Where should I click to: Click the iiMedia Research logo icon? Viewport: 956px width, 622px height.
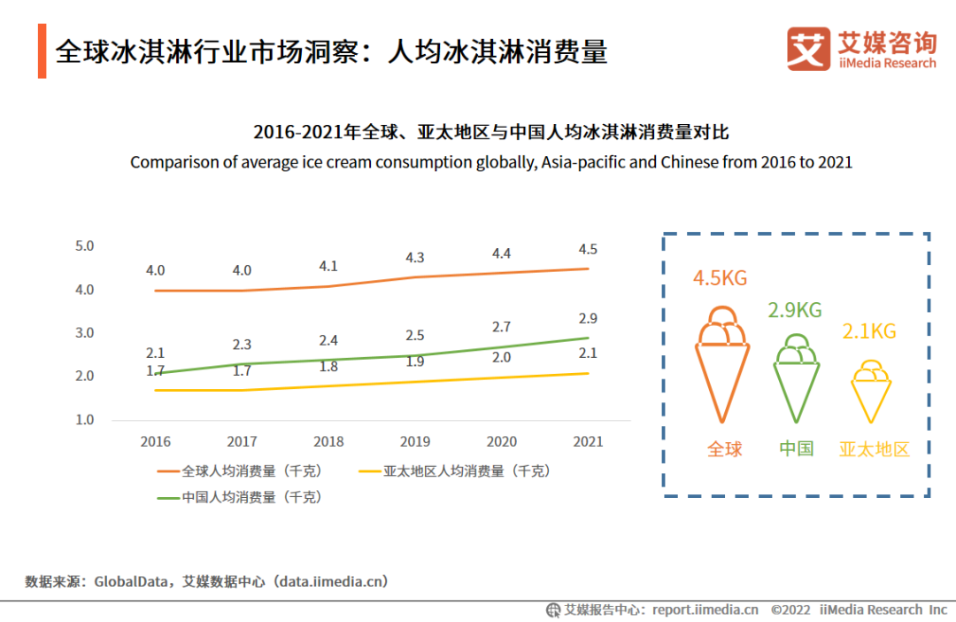click(x=808, y=49)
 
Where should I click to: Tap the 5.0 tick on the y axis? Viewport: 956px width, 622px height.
click(x=85, y=246)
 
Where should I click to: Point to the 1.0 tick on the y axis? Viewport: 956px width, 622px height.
click(x=85, y=420)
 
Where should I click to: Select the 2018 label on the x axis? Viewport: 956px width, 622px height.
click(x=328, y=441)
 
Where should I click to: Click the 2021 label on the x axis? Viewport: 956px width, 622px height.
click(x=589, y=441)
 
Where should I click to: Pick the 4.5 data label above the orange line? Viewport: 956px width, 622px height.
click(x=588, y=249)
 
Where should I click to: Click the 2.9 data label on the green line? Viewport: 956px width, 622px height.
click(x=588, y=319)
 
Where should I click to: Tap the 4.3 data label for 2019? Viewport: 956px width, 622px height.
click(x=414, y=258)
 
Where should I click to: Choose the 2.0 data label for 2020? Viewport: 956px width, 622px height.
click(x=501, y=357)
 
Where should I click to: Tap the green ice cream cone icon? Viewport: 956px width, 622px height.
click(x=796, y=377)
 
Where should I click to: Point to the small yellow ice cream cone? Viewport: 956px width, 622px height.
click(x=870, y=391)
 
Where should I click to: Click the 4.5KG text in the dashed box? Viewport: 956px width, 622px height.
click(x=720, y=278)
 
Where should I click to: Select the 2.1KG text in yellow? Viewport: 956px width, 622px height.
click(x=869, y=331)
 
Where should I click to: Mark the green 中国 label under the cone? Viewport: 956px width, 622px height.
click(x=796, y=448)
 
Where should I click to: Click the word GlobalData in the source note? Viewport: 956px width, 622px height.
click(x=133, y=582)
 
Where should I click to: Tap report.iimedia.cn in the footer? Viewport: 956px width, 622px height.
click(x=705, y=610)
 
